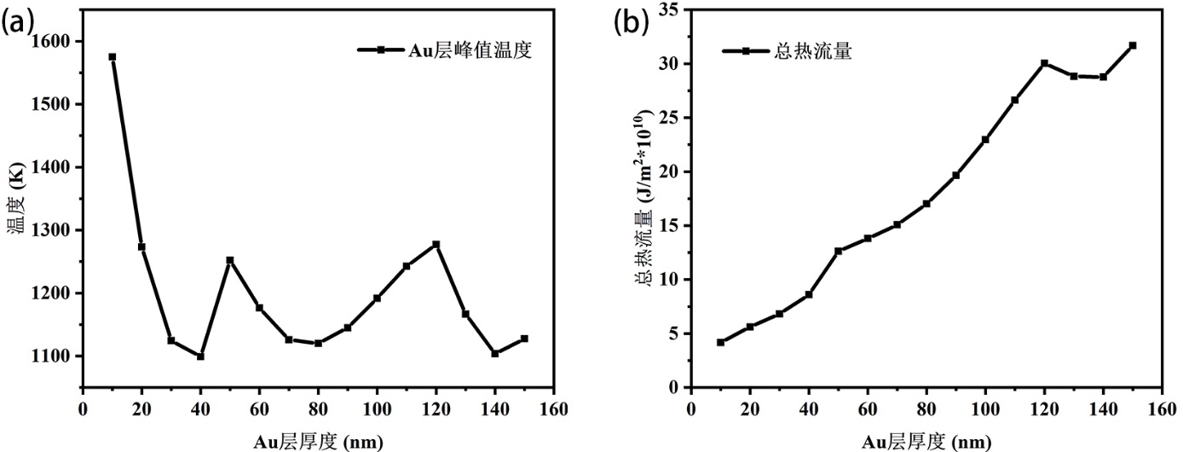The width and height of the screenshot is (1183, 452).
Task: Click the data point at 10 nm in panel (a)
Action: click(x=112, y=57)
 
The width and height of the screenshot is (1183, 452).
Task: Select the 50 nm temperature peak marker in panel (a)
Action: click(x=229, y=260)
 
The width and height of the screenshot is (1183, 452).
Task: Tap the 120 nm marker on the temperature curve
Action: click(x=436, y=245)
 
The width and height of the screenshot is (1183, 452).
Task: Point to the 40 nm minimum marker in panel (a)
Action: click(x=200, y=356)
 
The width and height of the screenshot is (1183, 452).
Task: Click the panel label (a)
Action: click(x=17, y=23)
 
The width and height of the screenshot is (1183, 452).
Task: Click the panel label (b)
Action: click(x=632, y=23)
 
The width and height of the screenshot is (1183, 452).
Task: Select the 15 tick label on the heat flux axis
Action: click(x=670, y=226)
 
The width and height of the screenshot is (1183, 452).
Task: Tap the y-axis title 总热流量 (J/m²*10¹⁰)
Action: click(x=643, y=198)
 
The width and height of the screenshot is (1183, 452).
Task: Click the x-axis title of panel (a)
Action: click(x=318, y=442)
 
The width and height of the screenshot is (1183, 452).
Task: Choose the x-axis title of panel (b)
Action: click(x=926, y=442)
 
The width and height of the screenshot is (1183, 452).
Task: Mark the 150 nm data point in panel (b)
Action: click(x=1133, y=45)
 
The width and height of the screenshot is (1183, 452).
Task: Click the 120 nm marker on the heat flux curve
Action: click(x=1044, y=63)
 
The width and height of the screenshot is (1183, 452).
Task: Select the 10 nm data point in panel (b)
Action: click(x=720, y=343)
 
